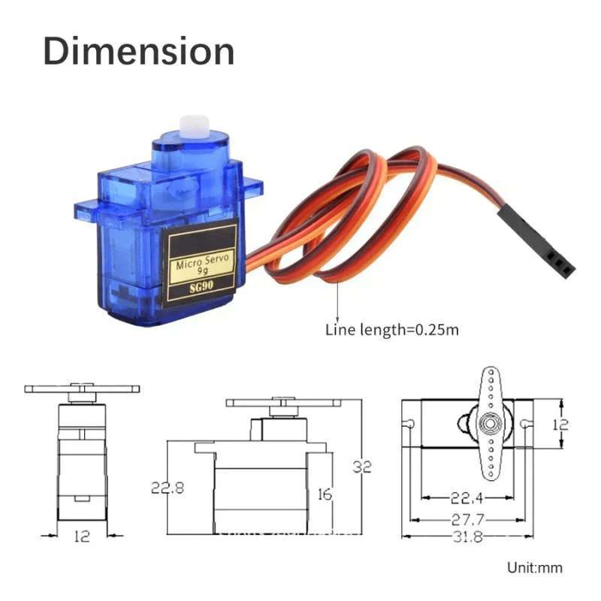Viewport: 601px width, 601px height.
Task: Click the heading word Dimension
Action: pos(138,51)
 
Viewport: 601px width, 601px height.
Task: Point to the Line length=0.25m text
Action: pos(391,329)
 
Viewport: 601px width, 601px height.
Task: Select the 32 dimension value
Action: pos(363,467)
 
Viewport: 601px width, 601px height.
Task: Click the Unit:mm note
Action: pos(535,568)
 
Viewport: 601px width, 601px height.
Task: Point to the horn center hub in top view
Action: pos(490,424)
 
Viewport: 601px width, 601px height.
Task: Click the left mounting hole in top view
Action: pos(411,424)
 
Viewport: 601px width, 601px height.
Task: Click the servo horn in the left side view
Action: pos(82,389)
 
